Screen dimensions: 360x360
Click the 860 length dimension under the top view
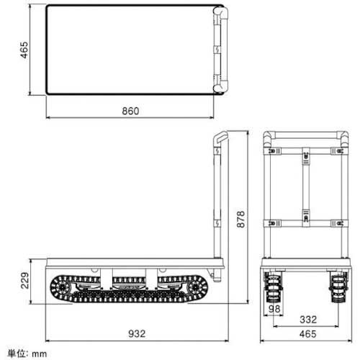point(130,111)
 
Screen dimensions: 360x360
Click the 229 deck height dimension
point(24,280)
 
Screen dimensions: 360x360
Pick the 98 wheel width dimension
point(274,309)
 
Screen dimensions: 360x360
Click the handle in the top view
point(219,49)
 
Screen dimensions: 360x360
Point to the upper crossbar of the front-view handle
point(302,153)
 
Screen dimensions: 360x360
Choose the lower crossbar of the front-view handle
point(302,221)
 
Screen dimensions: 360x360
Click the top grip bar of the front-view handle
point(302,135)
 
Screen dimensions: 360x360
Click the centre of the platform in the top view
point(130,49)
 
